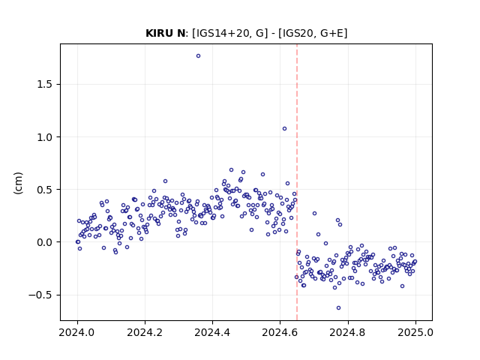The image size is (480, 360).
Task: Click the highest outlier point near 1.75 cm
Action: point(198,56)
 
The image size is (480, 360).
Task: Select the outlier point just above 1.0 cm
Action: point(285,129)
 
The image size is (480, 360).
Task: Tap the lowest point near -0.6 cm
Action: point(338,308)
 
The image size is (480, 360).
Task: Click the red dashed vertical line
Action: point(297,182)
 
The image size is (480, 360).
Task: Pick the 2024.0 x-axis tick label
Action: point(77,332)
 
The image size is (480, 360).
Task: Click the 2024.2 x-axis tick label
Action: point(145,332)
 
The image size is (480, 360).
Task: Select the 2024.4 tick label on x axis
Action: point(212,332)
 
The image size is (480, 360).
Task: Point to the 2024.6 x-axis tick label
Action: point(280,332)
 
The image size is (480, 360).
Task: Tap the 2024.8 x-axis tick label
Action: point(348,332)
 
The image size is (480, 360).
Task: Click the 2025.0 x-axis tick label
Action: point(415,332)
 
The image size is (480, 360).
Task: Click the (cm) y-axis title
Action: point(18,183)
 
